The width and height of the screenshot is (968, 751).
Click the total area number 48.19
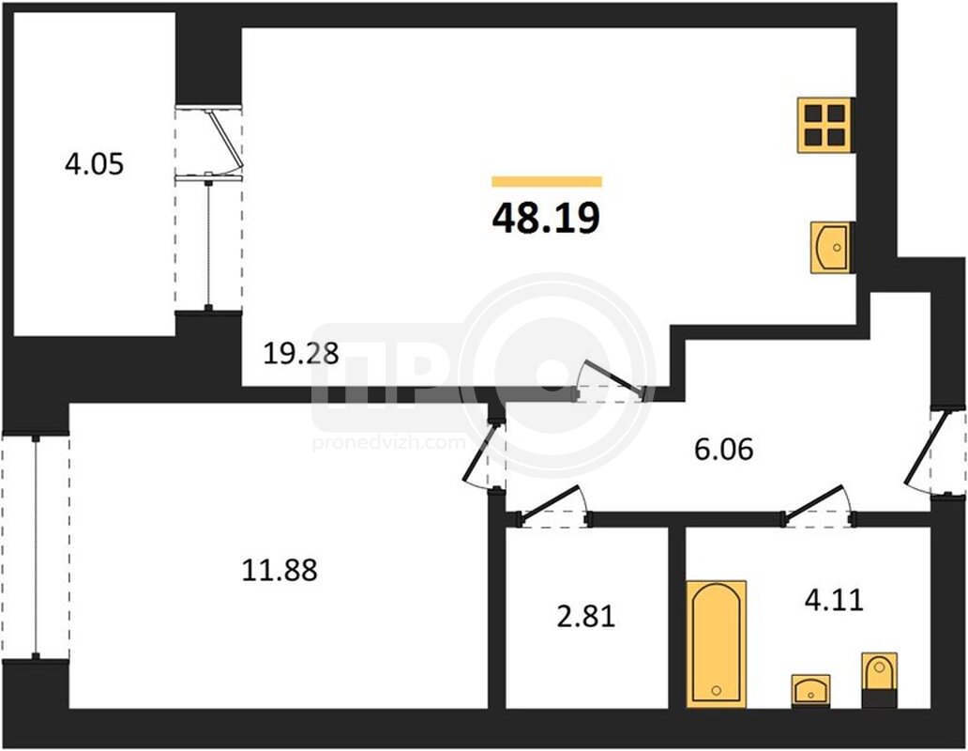[x=546, y=218]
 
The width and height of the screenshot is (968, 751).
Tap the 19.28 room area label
[x=301, y=354]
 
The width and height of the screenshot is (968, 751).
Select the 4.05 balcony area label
[x=95, y=164]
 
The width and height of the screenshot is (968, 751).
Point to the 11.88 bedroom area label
[x=280, y=570]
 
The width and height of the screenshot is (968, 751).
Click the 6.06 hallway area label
[x=723, y=449]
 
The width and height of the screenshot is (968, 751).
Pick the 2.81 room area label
[x=586, y=617]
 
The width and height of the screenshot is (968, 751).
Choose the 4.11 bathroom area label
[x=834, y=600]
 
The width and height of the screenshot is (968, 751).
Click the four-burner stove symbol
[x=825, y=125]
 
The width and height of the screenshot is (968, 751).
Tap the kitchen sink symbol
[x=830, y=248]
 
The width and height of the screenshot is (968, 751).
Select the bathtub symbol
[x=716, y=643]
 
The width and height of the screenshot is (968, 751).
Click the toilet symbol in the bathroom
[x=880, y=680]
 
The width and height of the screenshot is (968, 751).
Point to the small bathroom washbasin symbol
[x=810, y=691]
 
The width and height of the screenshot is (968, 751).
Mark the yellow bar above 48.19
[x=547, y=181]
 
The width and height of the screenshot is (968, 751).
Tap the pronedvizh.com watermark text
[x=389, y=443]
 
